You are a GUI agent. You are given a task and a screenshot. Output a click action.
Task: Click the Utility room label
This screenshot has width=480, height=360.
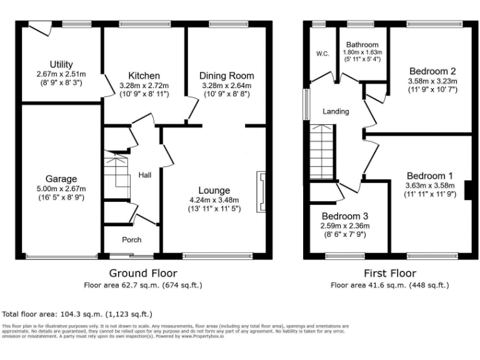(61, 64)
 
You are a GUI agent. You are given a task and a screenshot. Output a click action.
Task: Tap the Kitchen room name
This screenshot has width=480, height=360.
(144, 76)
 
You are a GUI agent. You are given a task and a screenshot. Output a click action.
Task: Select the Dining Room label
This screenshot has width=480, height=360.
(226, 76)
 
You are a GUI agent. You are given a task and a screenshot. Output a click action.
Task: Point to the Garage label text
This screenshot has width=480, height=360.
(61, 178)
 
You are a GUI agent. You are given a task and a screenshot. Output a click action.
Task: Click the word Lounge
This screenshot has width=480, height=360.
(214, 190)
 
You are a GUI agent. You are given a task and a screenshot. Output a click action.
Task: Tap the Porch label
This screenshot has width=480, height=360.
(131, 239)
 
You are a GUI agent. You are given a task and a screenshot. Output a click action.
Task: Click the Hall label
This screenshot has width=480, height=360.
(145, 175)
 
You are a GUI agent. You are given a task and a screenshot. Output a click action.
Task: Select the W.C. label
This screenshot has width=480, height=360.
(322, 54)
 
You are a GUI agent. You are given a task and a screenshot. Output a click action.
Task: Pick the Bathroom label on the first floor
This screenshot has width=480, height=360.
(362, 45)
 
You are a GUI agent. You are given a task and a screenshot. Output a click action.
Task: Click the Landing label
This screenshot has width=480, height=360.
(336, 112)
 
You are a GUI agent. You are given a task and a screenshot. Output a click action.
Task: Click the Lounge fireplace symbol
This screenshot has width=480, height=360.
(260, 192)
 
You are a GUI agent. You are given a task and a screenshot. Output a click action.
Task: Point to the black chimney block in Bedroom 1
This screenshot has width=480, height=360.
(467, 189)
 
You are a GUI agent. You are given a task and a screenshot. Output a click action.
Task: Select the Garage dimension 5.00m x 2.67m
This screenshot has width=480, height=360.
(61, 189)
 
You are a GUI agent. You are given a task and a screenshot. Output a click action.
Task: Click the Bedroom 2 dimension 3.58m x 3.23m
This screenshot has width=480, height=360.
(432, 81)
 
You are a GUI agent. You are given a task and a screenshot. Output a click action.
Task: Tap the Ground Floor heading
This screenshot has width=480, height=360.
(143, 273)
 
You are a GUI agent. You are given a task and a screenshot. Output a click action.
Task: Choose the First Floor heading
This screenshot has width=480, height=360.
(390, 273)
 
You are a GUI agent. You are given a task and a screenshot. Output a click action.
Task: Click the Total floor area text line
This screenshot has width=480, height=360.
(77, 314)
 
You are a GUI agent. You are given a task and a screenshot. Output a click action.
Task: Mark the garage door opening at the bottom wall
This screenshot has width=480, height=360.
(61, 256)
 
